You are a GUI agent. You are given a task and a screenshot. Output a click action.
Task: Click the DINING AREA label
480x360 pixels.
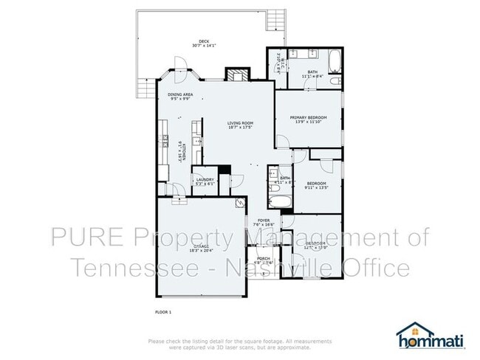click(180, 94)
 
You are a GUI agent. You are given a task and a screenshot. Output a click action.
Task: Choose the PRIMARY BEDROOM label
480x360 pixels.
click(309, 117)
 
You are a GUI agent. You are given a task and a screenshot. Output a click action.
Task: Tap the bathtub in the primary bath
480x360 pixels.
click(334, 59)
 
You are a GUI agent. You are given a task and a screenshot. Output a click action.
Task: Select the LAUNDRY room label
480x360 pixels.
click(205, 179)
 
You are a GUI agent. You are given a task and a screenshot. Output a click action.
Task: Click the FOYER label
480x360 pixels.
click(263, 221)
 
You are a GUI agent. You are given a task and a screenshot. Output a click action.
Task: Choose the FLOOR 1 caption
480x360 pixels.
click(162, 312)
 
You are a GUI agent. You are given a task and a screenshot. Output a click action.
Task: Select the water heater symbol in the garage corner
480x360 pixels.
click(239, 204)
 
